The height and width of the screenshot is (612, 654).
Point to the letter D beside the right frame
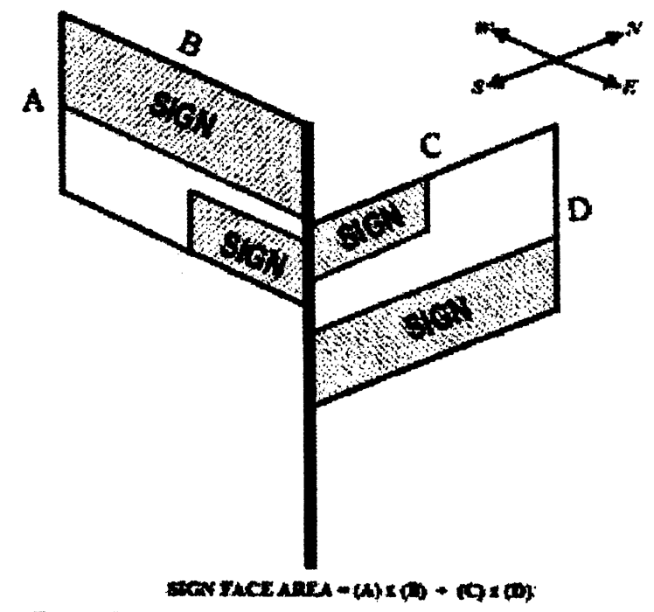[579, 210]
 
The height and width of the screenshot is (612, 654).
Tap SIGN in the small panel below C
[371, 223]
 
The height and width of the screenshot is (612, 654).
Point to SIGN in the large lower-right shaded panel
[435, 318]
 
